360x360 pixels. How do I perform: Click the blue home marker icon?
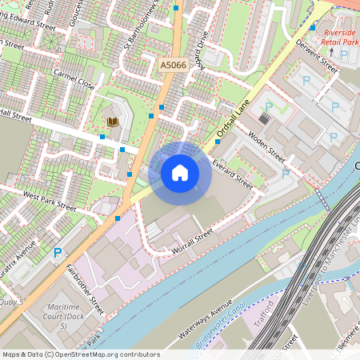(x=179, y=172)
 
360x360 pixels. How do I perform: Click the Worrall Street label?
(x=193, y=242)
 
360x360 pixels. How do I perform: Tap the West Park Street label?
(x=49, y=201)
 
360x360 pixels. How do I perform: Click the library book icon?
(x=112, y=122)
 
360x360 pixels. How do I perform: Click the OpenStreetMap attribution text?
(x=81, y=354)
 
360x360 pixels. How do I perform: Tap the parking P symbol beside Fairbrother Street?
(x=57, y=253)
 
